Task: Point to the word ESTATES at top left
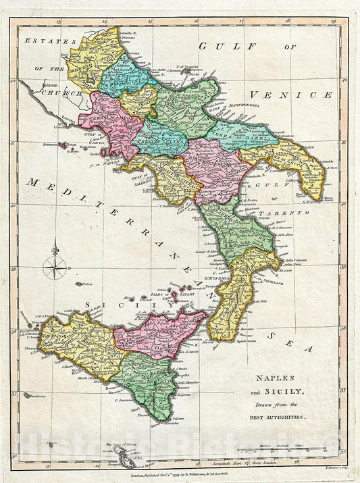41,41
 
